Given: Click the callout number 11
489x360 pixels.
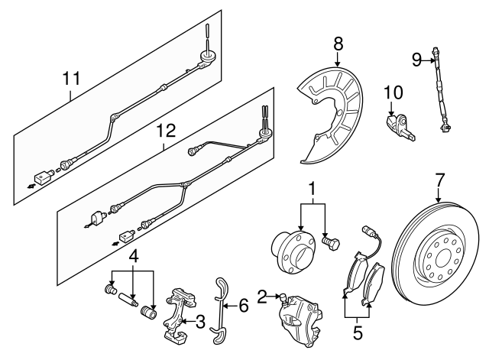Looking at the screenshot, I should tap(70, 77).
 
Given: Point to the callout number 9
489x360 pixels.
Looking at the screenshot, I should tap(416, 60).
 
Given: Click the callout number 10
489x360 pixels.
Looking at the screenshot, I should tap(393, 93).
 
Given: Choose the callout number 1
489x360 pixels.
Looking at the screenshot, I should tap(312, 188).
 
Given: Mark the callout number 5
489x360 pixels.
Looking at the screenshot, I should tap(357, 333).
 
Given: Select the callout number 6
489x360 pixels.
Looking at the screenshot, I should tap(243, 306).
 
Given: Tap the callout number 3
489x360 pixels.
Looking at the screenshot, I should tap(201, 323).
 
